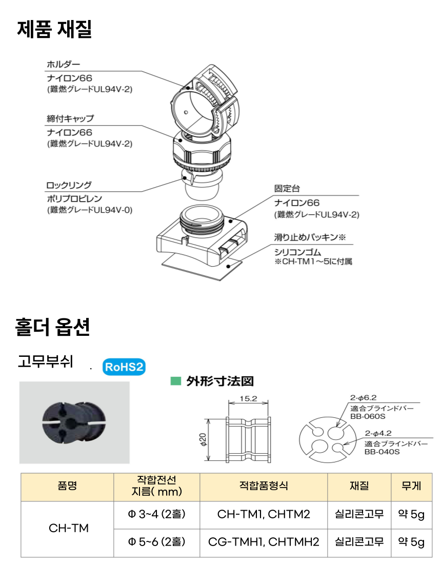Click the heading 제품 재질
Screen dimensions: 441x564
[54, 29]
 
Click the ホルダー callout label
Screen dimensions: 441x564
[63, 65]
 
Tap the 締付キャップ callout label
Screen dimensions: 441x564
[70, 119]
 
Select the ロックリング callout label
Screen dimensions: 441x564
[69, 186]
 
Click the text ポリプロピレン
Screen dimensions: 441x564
[74, 199]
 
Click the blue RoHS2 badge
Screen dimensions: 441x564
[124, 367]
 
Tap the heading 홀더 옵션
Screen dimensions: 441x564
[52, 327]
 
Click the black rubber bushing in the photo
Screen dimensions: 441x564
[74, 421]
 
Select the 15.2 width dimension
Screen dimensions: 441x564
[249, 398]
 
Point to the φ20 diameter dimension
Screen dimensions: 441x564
[204, 439]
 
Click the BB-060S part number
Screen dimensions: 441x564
[368, 416]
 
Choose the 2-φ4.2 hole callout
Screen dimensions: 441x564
[378, 433]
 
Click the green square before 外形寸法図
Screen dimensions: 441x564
[175, 381]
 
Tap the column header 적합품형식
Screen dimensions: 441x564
[264, 486]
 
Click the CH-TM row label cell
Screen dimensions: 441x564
[68, 528]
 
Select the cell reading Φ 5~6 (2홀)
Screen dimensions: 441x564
[157, 542]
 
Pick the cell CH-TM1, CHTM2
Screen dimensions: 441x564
[264, 514]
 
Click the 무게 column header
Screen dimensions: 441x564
[411, 486]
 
